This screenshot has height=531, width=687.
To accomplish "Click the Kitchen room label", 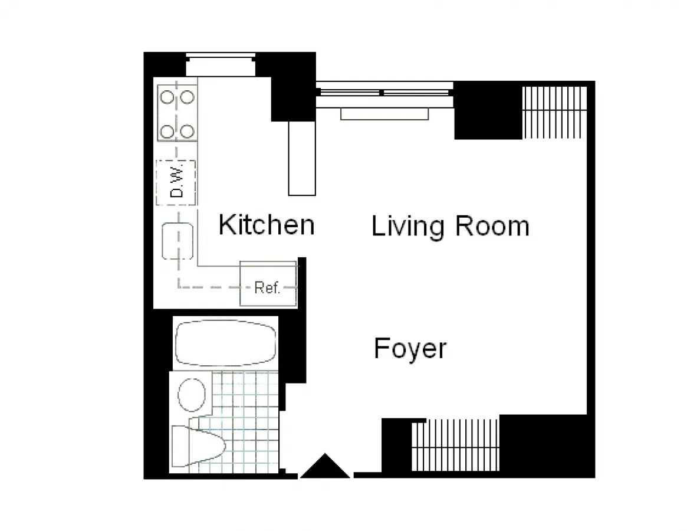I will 266,225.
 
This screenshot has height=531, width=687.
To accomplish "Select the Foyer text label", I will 410,349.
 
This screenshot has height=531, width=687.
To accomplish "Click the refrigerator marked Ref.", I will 268,287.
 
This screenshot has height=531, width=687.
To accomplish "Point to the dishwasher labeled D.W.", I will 176,182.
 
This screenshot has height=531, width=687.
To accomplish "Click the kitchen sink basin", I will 177,241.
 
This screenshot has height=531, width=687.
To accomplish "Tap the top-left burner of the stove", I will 167,96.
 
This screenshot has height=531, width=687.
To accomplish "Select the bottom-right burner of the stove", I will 187,131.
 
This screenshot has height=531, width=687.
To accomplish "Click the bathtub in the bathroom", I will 225,343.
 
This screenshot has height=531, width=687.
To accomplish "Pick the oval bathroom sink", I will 192,395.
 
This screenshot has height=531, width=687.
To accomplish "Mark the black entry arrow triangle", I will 325,467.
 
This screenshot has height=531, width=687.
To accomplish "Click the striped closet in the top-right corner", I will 554,112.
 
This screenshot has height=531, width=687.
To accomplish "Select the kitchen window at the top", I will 221,64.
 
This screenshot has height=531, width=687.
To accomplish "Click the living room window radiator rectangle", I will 384,114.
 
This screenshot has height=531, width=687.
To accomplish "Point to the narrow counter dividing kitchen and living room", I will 301,158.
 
